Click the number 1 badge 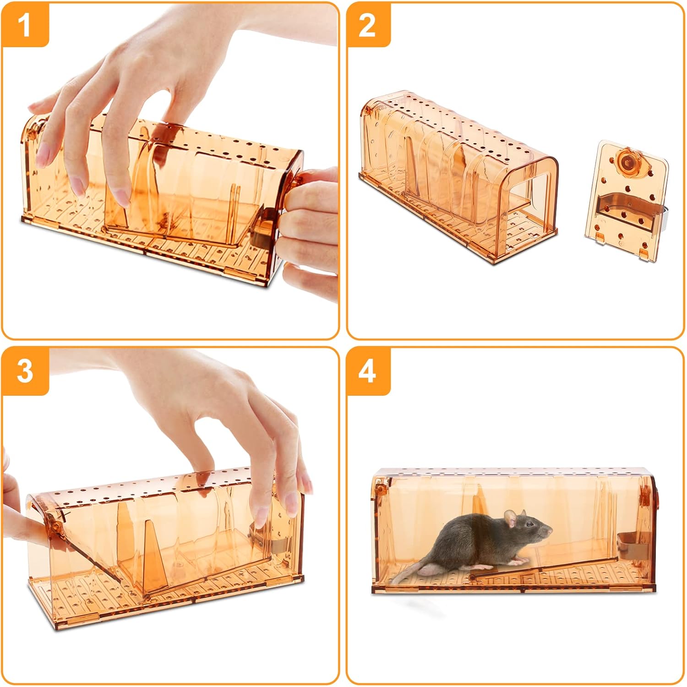coord(25,25)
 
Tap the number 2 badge coord(368,25)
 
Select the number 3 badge coord(25,370)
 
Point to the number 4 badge coord(368,370)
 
